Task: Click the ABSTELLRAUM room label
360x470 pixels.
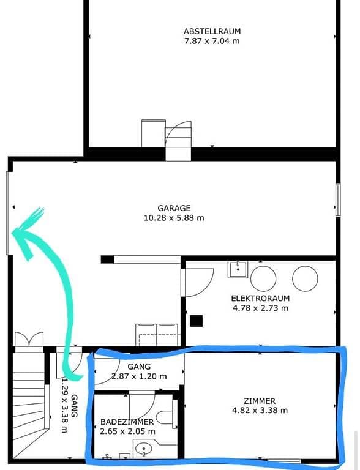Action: point(212,31)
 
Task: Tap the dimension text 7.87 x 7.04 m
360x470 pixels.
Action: point(212,41)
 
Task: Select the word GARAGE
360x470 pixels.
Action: point(174,208)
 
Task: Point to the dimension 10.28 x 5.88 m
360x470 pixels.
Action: point(174,218)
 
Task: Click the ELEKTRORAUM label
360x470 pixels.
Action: point(260,298)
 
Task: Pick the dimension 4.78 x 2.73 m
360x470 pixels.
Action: point(260,308)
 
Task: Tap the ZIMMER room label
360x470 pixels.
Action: point(260,401)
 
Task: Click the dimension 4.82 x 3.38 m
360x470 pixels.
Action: point(260,411)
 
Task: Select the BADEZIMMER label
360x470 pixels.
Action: point(127,422)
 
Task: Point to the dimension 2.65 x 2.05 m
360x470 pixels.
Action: point(127,431)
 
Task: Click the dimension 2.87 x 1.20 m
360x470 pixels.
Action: point(139,376)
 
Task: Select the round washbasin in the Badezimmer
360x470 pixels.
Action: point(144,449)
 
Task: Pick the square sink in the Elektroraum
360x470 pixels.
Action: point(238,270)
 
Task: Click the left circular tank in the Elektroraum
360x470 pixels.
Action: point(263,278)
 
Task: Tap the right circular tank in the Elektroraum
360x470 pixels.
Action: point(305,278)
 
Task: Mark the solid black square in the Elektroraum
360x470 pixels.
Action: point(196,321)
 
